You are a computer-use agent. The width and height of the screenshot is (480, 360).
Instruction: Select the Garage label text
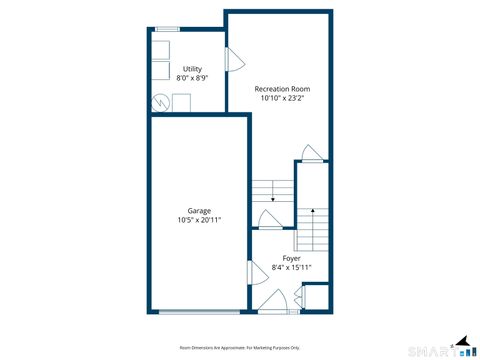(x=198, y=211)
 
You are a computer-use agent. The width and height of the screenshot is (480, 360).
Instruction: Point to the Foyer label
(x=291, y=258)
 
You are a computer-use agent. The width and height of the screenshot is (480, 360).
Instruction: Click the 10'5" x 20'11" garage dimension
(x=198, y=220)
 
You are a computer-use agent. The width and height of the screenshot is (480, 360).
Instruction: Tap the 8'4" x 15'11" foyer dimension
(x=291, y=267)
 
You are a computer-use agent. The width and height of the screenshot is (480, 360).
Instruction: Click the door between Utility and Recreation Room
(x=234, y=59)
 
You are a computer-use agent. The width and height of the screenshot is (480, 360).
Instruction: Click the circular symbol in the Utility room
(x=160, y=102)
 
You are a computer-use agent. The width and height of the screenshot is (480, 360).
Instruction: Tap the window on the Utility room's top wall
(x=167, y=30)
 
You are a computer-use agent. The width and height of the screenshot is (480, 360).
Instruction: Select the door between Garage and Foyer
(x=252, y=272)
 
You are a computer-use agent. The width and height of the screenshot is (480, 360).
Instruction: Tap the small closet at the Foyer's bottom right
(x=316, y=298)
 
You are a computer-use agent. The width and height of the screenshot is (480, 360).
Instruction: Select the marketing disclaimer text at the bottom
(x=239, y=347)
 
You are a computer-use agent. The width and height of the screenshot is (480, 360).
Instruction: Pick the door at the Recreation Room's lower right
(x=312, y=153)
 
